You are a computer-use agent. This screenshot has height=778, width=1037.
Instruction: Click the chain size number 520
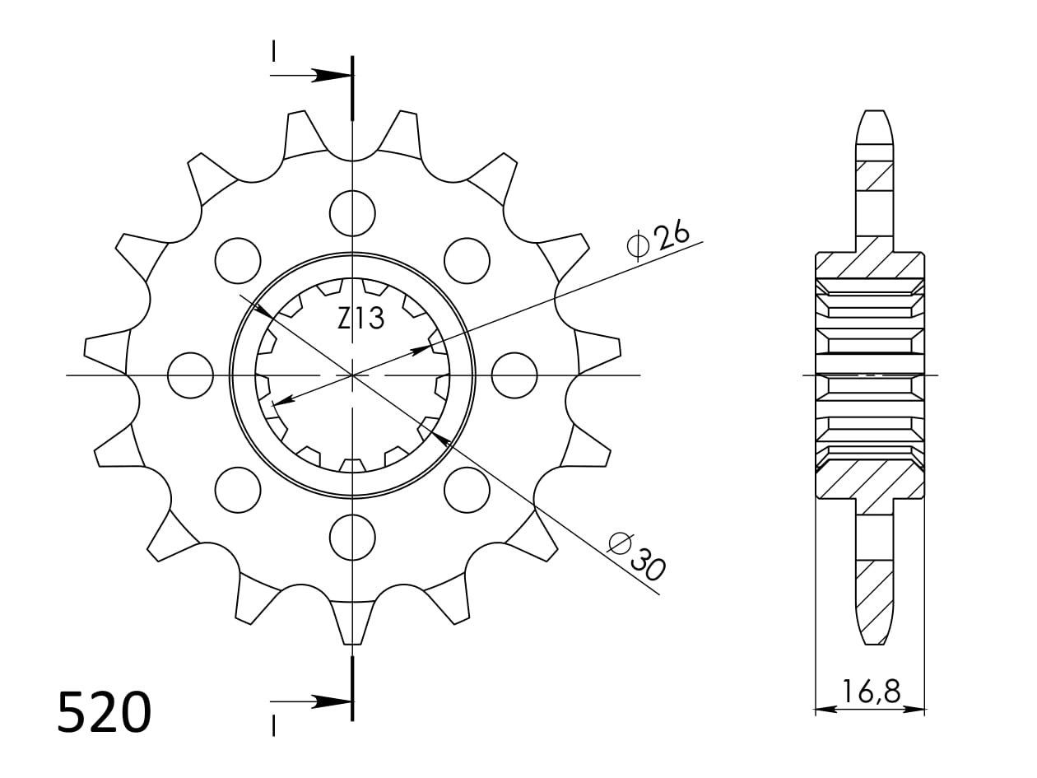click(x=105, y=712)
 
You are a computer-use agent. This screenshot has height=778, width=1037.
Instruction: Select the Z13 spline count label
click(x=360, y=319)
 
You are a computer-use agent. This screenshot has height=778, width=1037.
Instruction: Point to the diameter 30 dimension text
click(x=637, y=557)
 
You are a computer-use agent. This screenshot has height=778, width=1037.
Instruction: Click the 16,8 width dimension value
click(x=871, y=692)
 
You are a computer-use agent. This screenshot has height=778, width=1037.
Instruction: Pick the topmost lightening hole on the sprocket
click(x=352, y=213)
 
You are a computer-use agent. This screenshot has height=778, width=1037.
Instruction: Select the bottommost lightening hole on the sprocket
click(x=352, y=538)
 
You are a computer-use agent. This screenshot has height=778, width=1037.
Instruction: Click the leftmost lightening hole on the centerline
click(x=190, y=375)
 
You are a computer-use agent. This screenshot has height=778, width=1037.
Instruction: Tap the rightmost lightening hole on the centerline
click(x=514, y=375)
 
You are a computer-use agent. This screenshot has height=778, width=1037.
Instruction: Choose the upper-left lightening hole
click(x=238, y=260)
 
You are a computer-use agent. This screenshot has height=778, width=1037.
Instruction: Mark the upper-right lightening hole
click(x=467, y=260)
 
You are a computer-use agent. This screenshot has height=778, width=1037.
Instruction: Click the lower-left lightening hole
click(x=238, y=490)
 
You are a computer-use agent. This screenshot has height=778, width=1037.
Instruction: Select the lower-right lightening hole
click(x=467, y=490)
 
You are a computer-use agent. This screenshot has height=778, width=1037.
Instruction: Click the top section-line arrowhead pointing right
click(x=332, y=76)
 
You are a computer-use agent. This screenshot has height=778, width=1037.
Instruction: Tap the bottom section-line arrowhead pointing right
click(x=332, y=702)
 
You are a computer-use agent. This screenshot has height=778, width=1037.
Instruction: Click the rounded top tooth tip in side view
click(x=874, y=123)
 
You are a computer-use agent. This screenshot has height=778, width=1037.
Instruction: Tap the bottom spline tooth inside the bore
click(x=352, y=466)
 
